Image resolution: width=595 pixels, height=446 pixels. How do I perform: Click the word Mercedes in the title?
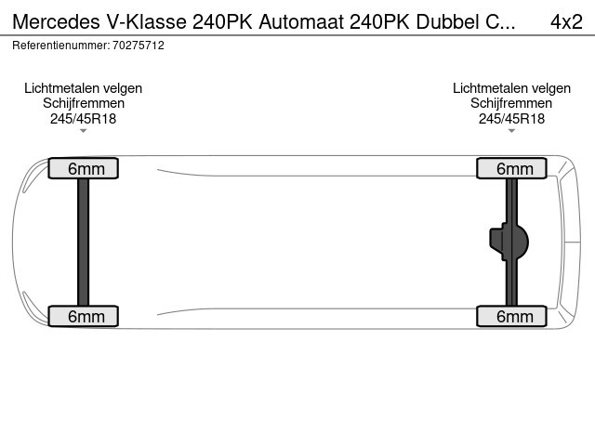point(57,21)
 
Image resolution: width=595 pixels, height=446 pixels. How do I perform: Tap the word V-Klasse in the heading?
point(147,21)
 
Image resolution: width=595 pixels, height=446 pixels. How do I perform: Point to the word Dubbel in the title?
point(447,21)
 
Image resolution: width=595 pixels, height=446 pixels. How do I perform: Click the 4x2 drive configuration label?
point(566,21)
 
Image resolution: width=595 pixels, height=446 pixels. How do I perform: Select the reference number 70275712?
point(139,46)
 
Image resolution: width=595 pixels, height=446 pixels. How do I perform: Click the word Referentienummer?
point(60,46)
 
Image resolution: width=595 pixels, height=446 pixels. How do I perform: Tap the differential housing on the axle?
point(509,242)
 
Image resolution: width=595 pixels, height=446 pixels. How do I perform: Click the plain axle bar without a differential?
point(83,242)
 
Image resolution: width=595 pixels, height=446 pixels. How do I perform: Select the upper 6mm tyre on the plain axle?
point(84,168)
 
